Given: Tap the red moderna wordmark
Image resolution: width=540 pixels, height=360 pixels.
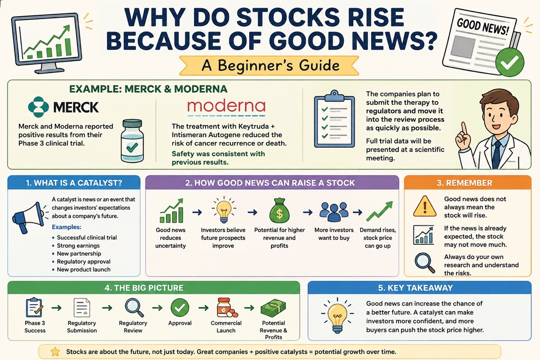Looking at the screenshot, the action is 226,106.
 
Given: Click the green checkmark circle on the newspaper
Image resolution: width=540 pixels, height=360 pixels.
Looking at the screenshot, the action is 509,62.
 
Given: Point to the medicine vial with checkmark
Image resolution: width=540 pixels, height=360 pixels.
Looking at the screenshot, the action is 132,140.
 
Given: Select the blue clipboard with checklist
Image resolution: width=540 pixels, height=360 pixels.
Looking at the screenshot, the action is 334,119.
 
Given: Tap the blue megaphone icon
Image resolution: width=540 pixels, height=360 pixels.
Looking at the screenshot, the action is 28,217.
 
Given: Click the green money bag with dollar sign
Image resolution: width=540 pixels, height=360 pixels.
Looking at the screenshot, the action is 279,211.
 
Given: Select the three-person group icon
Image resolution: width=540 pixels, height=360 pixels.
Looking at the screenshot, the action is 334,211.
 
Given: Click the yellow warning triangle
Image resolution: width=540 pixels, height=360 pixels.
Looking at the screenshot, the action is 425,206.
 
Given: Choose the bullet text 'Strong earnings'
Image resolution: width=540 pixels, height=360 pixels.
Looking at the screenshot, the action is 78,245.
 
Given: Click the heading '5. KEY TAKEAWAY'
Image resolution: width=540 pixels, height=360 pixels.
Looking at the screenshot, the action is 415,288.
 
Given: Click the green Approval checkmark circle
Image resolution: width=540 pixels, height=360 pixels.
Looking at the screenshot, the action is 180,307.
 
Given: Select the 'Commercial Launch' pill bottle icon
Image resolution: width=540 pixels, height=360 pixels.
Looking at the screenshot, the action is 227,307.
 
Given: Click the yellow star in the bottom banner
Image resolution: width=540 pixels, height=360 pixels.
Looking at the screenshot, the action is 55,352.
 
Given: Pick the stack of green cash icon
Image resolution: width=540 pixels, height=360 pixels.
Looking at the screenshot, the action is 273,308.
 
